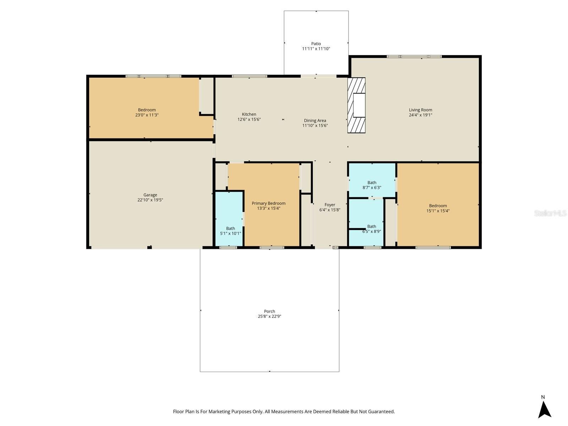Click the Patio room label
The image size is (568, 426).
click(x=316, y=44)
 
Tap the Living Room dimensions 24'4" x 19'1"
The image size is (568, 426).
click(x=420, y=115)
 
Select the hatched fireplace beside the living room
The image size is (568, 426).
click(x=356, y=105)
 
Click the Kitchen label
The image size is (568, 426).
click(x=249, y=114)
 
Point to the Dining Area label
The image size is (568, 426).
click(x=315, y=121)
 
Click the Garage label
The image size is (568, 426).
click(x=150, y=195)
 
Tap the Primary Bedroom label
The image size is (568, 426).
click(x=268, y=203)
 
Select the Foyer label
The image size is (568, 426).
click(x=330, y=205)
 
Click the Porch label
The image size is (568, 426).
click(x=269, y=311)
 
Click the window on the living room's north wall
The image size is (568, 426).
click(x=414, y=56)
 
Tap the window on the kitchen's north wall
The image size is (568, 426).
click(x=249, y=76)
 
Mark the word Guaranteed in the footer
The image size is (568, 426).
click(x=381, y=412)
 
